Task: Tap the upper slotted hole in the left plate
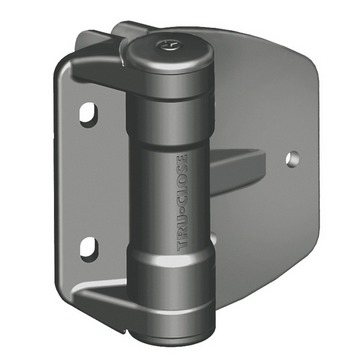click(x=89, y=114)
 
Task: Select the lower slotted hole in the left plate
click(x=89, y=248)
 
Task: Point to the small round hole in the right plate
click(x=292, y=159)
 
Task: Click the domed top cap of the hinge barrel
click(x=170, y=53)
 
